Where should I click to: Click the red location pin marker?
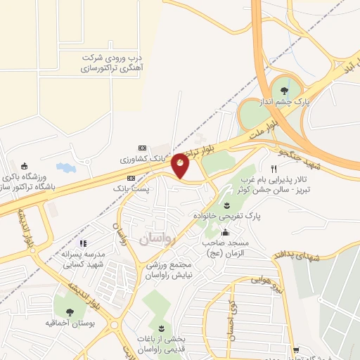[x=181, y=165]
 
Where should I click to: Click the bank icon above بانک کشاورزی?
[x=143, y=148]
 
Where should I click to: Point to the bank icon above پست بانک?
[x=130, y=179]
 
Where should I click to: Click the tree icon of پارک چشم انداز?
[x=284, y=91]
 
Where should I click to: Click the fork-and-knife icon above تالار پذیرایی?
[x=274, y=169]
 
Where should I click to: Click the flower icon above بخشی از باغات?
[x=160, y=329]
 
